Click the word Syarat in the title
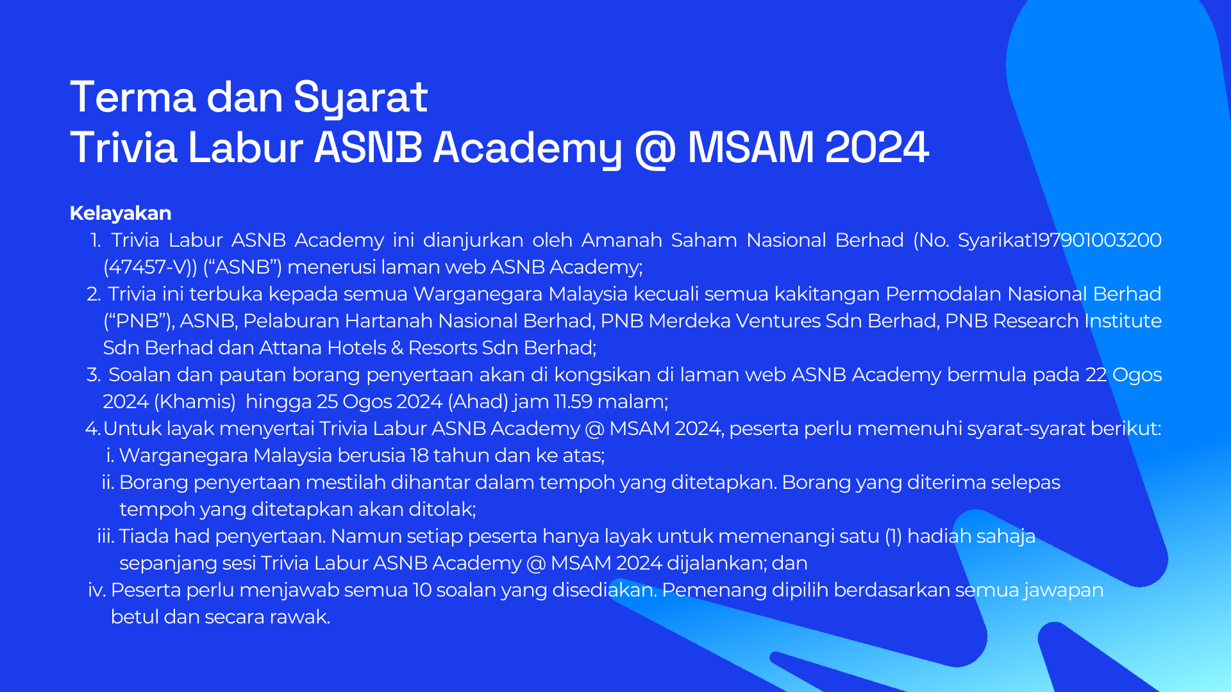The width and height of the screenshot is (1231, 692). (x=360, y=97)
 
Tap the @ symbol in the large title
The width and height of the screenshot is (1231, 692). (x=655, y=147)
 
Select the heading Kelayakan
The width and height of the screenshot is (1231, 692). (x=121, y=213)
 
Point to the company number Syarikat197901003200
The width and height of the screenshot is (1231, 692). (x=1059, y=240)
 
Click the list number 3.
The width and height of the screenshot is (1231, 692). (x=94, y=375)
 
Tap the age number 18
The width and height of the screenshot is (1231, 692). (x=419, y=456)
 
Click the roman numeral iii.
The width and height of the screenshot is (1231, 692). (x=105, y=536)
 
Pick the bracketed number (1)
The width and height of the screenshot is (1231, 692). (x=893, y=536)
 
